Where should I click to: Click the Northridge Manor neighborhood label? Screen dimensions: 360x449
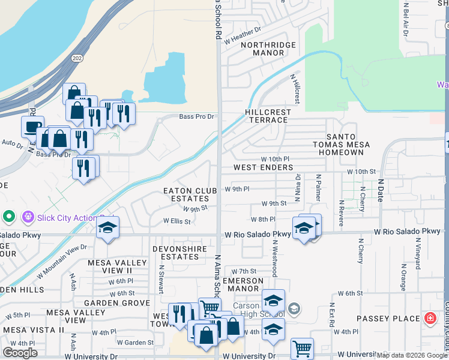tap(262, 49)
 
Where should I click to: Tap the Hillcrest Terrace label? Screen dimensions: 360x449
tap(268, 116)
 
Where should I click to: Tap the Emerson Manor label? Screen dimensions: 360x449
tap(243, 284)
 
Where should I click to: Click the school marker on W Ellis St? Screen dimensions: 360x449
tap(108, 228)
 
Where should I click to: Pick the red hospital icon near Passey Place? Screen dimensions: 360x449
tap(430, 318)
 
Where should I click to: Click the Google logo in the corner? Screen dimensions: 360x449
tap(20, 353)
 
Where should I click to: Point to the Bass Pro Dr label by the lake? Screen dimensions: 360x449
tap(196, 116)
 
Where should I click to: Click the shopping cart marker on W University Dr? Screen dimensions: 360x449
tap(302, 348)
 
